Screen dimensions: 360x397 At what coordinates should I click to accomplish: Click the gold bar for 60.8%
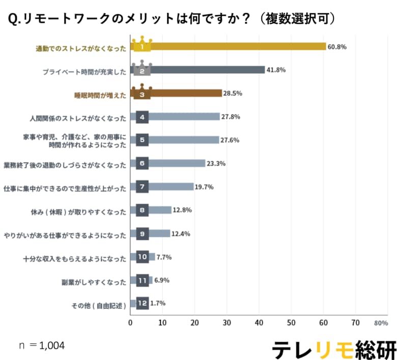click(229, 46)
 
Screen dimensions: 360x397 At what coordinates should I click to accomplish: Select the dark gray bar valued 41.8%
click(198, 70)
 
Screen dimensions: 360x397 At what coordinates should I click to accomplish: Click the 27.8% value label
click(231, 117)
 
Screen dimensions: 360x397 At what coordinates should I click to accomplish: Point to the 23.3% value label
click(216, 163)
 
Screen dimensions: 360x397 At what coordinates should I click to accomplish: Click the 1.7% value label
click(157, 303)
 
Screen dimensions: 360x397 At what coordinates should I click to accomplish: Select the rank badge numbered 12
click(143, 303)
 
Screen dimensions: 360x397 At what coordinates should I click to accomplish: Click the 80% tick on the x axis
click(381, 323)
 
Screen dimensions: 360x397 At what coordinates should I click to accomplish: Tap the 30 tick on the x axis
click(227, 323)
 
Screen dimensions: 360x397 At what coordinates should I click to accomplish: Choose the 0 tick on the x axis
click(131, 323)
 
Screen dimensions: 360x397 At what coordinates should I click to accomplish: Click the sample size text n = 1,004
click(42, 346)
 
